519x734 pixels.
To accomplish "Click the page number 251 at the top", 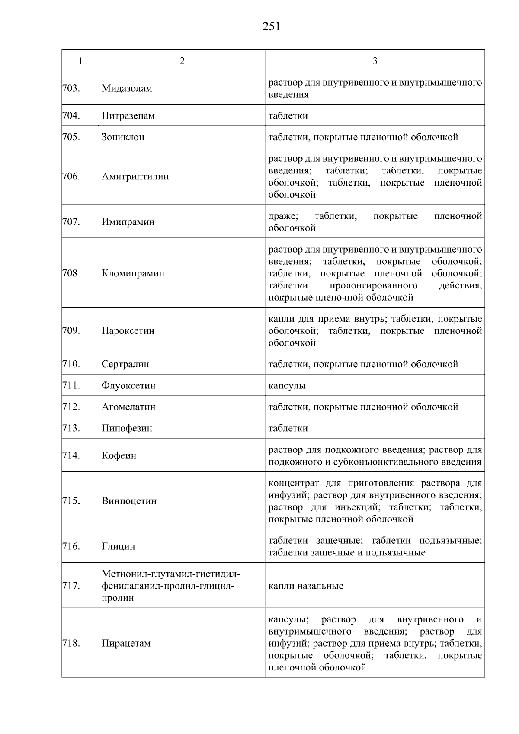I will click(x=271, y=27).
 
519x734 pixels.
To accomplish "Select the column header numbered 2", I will click(x=182, y=61).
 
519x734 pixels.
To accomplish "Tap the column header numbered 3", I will click(x=375, y=61).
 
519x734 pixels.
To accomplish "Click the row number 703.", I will click(x=71, y=88).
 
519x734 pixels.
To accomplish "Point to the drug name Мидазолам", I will click(x=127, y=89).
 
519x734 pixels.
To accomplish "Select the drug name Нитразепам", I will click(x=128, y=116).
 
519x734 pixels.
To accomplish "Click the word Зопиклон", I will click(x=123, y=137).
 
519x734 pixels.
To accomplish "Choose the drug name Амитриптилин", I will click(x=135, y=176).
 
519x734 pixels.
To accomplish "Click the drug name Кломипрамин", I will click(x=133, y=273).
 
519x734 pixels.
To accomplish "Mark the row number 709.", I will click(x=71, y=331).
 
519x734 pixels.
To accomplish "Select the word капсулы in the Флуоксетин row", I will click(x=287, y=385).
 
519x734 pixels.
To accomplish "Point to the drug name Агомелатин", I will click(x=128, y=407).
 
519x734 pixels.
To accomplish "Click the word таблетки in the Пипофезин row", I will click(x=288, y=428).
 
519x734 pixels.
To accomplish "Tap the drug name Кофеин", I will click(x=119, y=456).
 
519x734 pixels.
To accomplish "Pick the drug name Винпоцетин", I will click(x=129, y=501).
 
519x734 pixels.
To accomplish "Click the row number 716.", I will click(x=71, y=546).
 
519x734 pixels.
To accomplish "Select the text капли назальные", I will click(x=306, y=586).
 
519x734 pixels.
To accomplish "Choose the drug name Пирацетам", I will click(x=126, y=643).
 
